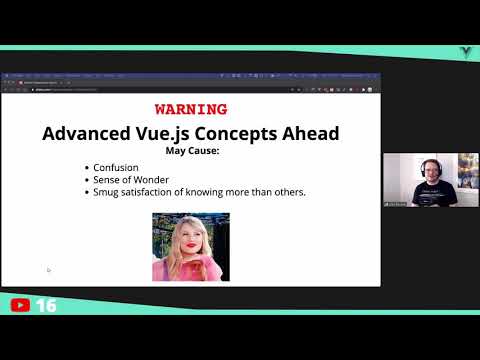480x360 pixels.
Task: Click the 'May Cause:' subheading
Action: pyautogui.click(x=190, y=151)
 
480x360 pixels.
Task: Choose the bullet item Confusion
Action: pyautogui.click(x=116, y=167)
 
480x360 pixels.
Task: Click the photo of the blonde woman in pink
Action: pyautogui.click(x=190, y=246)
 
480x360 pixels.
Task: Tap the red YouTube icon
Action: pyautogui.click(x=20, y=305)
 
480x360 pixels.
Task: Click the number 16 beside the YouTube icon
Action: pyautogui.click(x=46, y=305)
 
